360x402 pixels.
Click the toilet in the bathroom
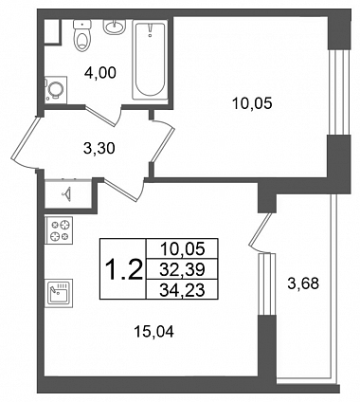82,34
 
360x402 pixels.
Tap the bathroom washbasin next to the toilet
114,27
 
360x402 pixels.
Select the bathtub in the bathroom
150,60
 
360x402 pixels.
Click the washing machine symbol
56,90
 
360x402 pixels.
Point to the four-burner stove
59,230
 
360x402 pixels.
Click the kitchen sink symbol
59,293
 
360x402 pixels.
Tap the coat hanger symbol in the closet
68,192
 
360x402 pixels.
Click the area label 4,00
100,73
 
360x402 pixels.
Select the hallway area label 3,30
99,148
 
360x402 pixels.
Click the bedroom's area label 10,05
252,103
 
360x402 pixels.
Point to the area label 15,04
153,332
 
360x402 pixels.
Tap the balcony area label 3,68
303,283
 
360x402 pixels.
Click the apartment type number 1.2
123,270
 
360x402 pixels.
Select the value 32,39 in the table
182,269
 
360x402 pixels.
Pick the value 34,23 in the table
182,290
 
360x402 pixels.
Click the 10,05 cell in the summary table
182,248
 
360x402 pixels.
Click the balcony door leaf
261,229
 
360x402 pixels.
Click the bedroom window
339,92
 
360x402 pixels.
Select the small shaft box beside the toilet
52,31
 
